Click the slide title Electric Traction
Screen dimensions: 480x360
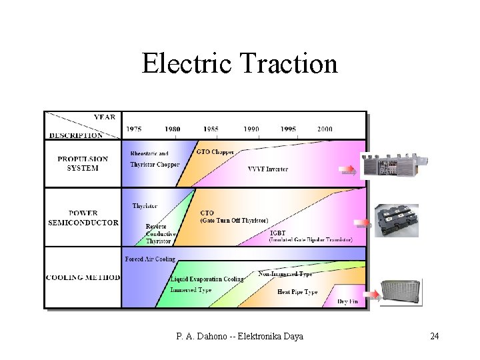[x=239, y=64]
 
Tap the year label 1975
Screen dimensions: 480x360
[x=134, y=129]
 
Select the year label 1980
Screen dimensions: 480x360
[x=173, y=129]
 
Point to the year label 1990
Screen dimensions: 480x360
[x=251, y=129]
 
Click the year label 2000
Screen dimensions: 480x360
[x=325, y=129]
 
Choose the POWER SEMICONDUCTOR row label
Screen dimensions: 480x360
[x=83, y=218]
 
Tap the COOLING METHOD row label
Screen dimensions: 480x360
[x=83, y=277]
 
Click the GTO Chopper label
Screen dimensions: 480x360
[x=215, y=152]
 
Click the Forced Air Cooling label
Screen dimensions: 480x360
[x=150, y=259]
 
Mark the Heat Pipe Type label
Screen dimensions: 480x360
[x=297, y=292]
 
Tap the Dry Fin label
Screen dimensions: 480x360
[x=348, y=301]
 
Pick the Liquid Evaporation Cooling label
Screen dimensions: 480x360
[x=207, y=279]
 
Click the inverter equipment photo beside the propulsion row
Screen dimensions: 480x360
[x=393, y=165]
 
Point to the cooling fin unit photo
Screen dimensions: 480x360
[x=401, y=292]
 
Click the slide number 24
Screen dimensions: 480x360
[x=434, y=336]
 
